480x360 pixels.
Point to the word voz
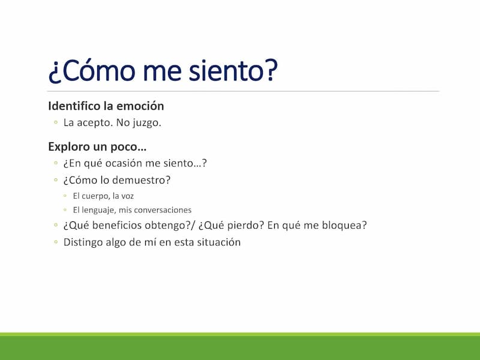click(x=128, y=196)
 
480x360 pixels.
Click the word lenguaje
click(x=98, y=211)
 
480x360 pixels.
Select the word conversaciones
click(x=163, y=210)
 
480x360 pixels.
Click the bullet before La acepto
click(x=56, y=122)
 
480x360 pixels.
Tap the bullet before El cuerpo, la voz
click(x=65, y=196)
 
